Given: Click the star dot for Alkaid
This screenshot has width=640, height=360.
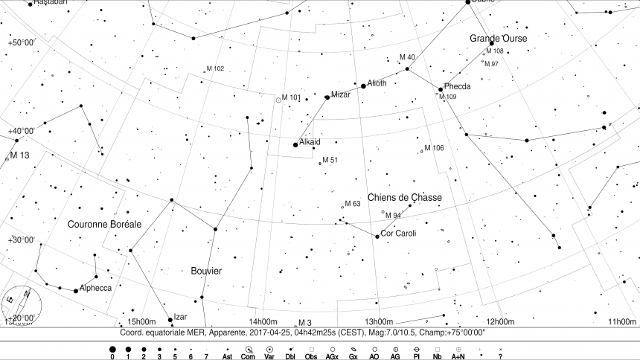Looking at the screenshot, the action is click(x=295, y=145).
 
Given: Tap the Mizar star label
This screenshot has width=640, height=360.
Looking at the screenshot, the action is click(x=340, y=94).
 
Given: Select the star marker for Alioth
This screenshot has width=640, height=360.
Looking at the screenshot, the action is click(x=363, y=86).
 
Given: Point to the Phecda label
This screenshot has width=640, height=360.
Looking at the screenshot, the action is click(x=457, y=86).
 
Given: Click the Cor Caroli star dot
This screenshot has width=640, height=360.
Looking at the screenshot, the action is click(x=377, y=237).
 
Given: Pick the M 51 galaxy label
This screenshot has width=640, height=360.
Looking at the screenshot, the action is click(x=330, y=160).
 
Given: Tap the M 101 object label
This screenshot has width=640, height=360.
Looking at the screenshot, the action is click(x=290, y=97).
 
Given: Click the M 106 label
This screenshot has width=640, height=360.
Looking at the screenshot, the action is click(x=434, y=148).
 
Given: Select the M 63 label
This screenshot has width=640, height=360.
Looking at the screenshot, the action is click(x=353, y=203).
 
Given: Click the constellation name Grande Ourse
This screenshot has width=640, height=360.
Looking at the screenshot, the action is click(x=498, y=38).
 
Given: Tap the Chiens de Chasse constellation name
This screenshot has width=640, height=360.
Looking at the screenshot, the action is click(x=404, y=197).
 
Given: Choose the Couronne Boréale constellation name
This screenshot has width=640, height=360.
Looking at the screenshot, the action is click(x=104, y=224).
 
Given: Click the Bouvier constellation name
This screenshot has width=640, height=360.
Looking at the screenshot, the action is click(x=205, y=271).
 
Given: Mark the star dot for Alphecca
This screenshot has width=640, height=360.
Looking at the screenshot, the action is click(x=75, y=291).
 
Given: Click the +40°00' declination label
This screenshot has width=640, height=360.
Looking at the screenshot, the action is click(x=22, y=131).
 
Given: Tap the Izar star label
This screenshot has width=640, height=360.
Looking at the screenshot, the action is click(x=180, y=316).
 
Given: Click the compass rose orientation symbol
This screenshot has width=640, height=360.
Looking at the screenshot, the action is click(x=20, y=305).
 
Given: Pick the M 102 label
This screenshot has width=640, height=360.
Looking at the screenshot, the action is click(x=214, y=68).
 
